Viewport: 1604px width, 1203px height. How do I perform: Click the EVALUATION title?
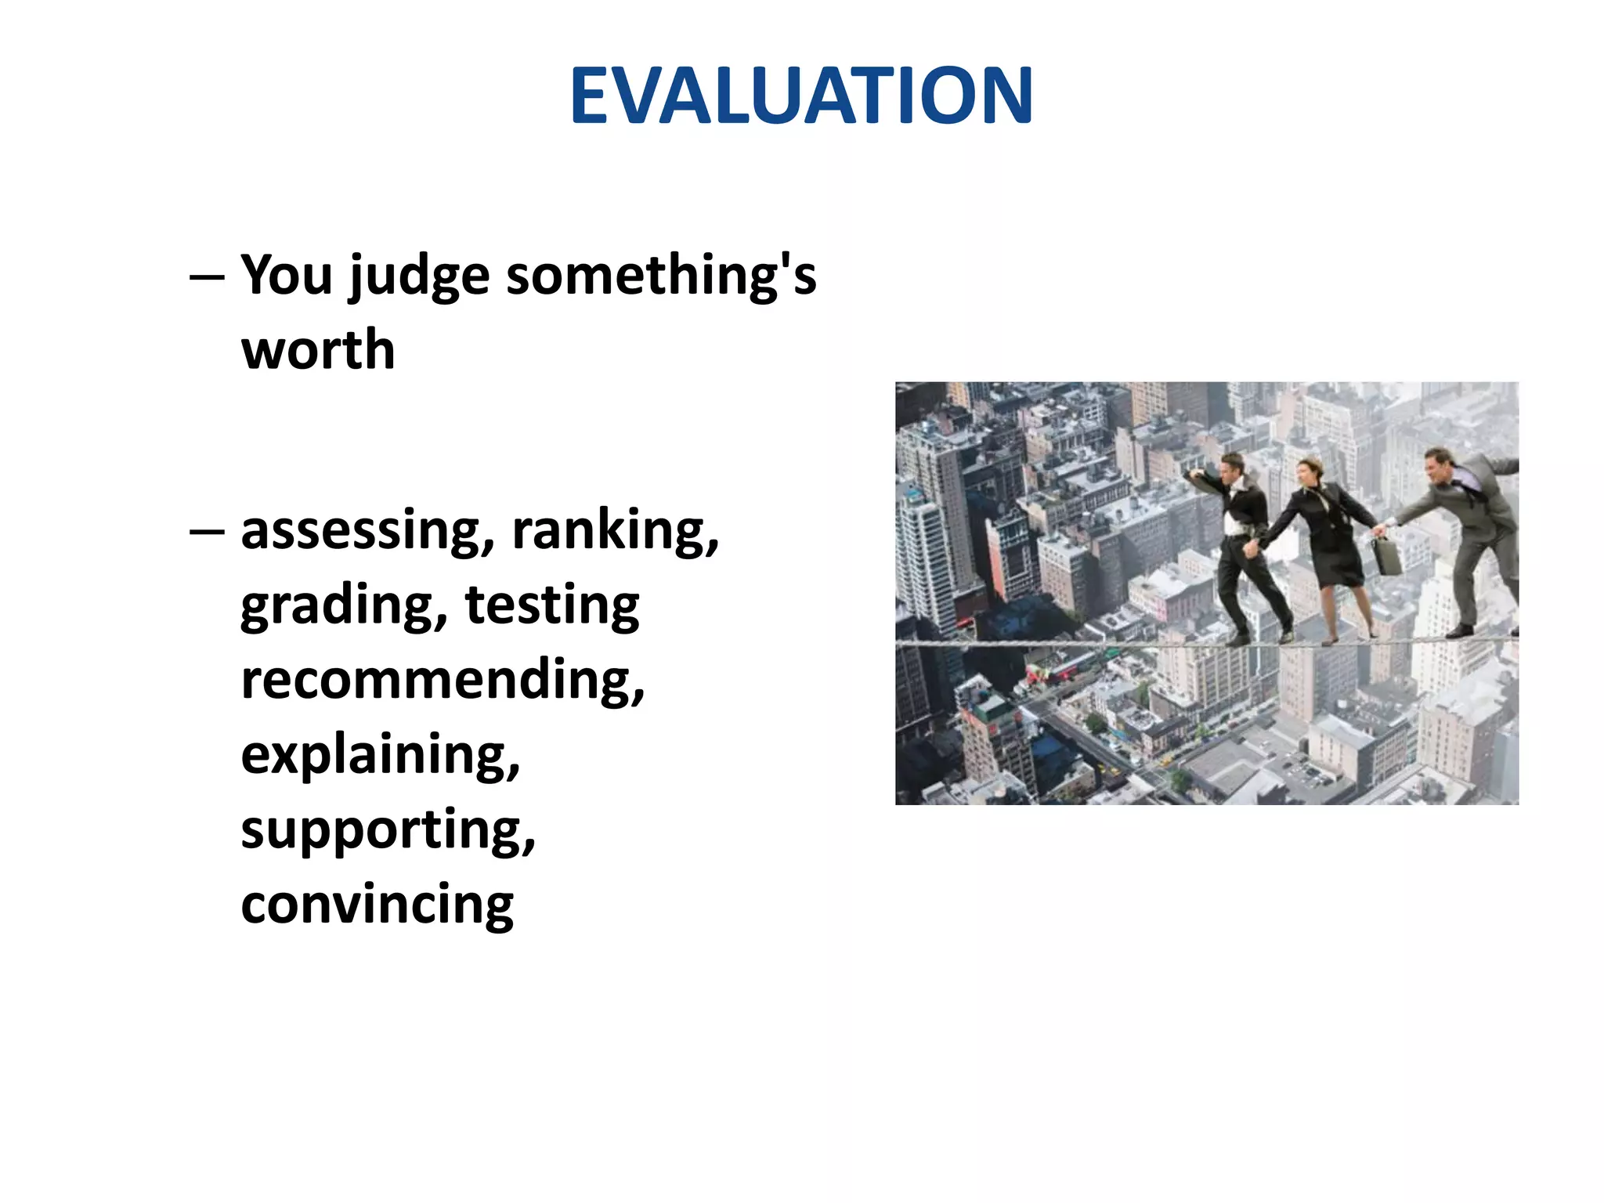pyautogui.click(x=801, y=96)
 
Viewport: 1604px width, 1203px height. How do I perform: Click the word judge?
pyautogui.click(x=419, y=277)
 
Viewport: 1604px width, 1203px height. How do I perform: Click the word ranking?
pyautogui.click(x=615, y=531)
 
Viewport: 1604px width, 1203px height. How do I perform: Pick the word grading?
pyautogui.click(x=343, y=606)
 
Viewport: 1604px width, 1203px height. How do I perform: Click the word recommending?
pyautogui.click(x=443, y=680)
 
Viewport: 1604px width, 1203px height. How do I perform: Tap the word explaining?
pyautogui.click(x=380, y=755)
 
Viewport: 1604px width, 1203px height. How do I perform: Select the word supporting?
pyautogui.click(x=388, y=830)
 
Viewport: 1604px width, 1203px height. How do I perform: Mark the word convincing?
pyautogui.click(x=377, y=904)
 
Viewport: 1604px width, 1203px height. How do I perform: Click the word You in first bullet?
pyautogui.click(x=287, y=276)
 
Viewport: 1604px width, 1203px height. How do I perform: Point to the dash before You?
pyautogui.click(x=207, y=277)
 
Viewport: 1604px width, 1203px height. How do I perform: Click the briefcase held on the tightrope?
pyautogui.click(x=1388, y=555)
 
